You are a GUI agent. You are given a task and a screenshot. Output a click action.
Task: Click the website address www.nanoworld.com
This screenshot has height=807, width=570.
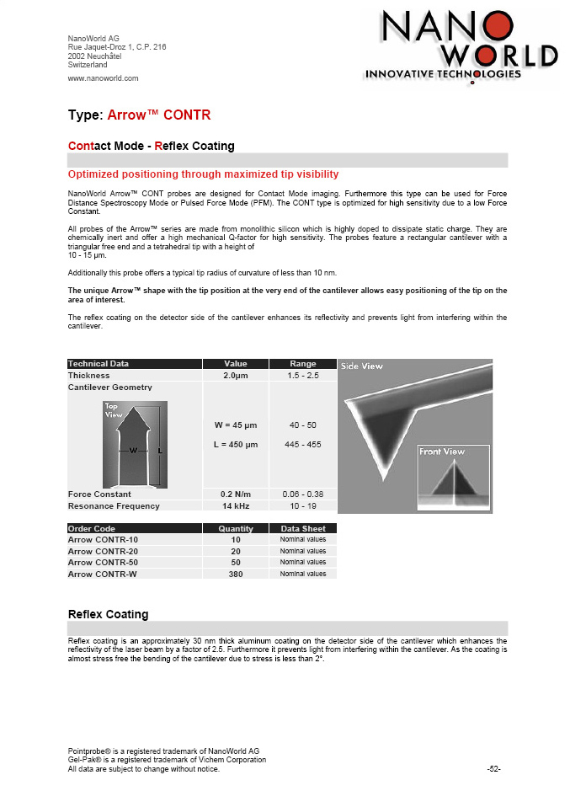tap(103, 78)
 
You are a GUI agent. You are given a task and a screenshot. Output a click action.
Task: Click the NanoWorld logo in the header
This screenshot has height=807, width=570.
tap(460, 46)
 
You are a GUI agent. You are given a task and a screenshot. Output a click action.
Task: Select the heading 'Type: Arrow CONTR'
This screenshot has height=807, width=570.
tap(139, 115)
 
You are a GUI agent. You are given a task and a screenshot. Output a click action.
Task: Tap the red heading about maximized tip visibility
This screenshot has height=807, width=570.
tap(203, 174)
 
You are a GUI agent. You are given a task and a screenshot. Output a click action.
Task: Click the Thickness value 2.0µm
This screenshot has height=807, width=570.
tap(235, 375)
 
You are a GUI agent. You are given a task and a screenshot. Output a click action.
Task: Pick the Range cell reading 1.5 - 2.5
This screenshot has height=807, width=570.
tap(302, 375)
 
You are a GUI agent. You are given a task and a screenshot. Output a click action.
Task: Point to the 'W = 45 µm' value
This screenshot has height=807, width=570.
tap(235, 426)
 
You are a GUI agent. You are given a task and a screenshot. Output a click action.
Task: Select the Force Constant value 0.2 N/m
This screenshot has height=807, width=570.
tap(235, 494)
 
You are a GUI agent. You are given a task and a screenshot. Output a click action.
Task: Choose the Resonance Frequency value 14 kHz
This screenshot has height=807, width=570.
tap(235, 506)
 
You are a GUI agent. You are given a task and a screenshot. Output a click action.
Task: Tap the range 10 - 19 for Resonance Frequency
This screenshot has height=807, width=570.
tap(302, 506)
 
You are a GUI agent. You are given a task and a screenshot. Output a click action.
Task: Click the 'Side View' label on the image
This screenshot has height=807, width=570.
tap(361, 366)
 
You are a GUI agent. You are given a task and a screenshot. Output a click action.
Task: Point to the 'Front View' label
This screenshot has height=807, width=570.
tap(442, 452)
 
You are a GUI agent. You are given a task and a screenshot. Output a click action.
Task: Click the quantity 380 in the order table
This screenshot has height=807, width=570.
tap(235, 574)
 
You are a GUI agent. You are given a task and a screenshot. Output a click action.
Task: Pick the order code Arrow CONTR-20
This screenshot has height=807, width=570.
tap(103, 551)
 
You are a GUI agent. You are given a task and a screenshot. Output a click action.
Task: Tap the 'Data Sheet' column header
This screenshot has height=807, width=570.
tap(302, 529)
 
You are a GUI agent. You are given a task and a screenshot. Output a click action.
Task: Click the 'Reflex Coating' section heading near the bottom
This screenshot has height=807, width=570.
tap(108, 614)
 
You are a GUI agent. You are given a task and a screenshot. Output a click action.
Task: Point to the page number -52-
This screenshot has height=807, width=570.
tap(494, 769)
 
